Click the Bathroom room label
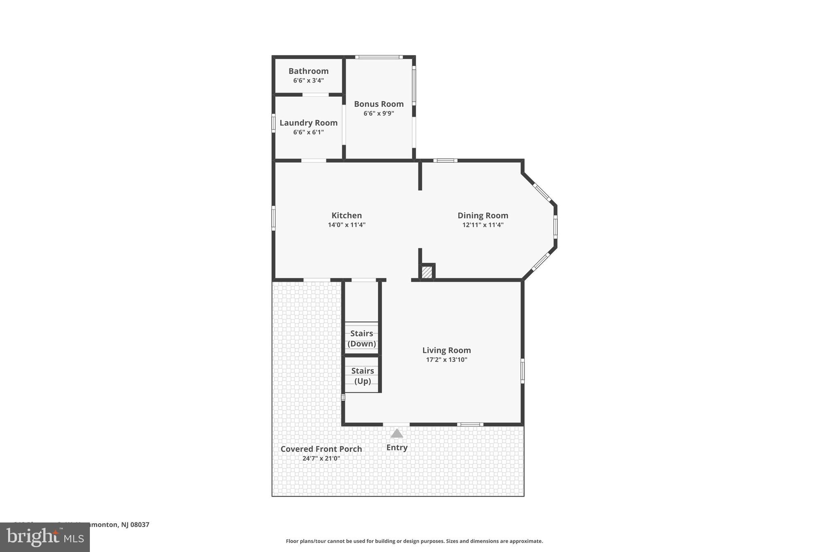[308, 71]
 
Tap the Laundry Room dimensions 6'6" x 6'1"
[308, 132]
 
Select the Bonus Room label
[378, 104]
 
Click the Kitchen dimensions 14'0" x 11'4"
[346, 225]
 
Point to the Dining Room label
[483, 216]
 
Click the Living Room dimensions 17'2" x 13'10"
[446, 360]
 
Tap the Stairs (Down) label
[361, 338]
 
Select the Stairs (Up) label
[362, 376]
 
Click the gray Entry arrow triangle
[397, 434]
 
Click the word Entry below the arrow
[397, 447]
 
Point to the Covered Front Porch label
[321, 449]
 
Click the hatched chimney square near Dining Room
[427, 272]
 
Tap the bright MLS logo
[45, 537]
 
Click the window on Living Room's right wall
[522, 370]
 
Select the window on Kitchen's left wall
[274, 218]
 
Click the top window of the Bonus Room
[379, 57]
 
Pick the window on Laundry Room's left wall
[274, 123]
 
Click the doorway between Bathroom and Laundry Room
[315, 95]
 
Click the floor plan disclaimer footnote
[414, 541]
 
